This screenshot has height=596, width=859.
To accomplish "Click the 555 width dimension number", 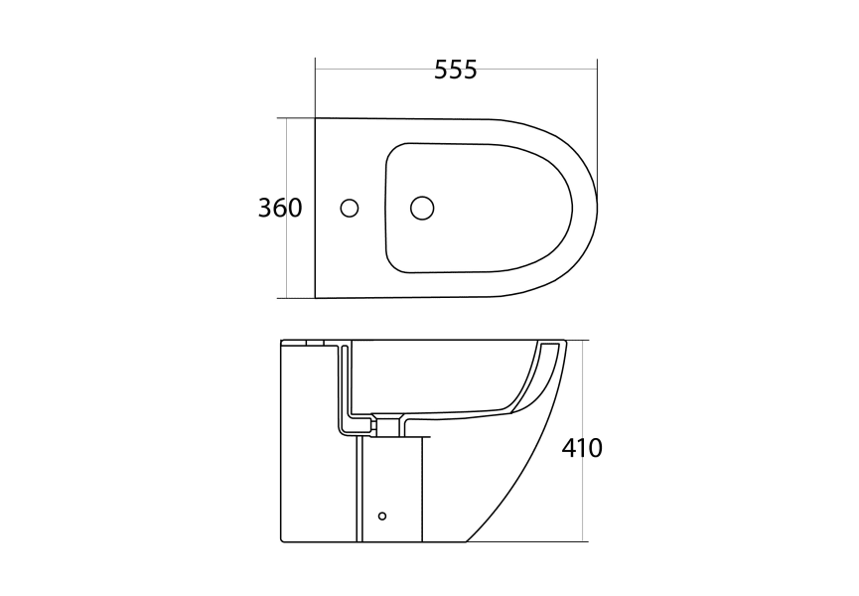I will click(456, 70).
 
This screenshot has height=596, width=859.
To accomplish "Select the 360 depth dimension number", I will click(279, 209).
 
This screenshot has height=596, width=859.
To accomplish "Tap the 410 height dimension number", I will click(582, 448).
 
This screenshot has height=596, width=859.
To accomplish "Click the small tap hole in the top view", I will click(349, 209).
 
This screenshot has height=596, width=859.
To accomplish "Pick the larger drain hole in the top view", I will click(422, 208).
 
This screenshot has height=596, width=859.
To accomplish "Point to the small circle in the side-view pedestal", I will click(382, 516).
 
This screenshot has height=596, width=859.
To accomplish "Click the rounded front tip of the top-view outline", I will click(596, 208).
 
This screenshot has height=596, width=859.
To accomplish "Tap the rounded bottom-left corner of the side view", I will click(283, 539).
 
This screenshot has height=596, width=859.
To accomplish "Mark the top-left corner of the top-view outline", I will click(316, 119).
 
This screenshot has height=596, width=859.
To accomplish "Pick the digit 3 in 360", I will click(265, 209).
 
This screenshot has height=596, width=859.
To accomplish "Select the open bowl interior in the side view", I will click(437, 372).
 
